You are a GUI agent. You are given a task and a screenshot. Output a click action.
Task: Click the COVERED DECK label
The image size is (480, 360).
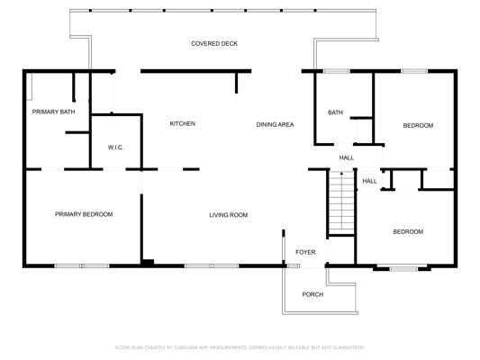coord(214,44)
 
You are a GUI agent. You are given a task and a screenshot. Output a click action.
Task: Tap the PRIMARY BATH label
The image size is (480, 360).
coord(53,112)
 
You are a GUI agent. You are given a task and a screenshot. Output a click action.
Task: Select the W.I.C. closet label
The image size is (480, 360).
coord(115,148)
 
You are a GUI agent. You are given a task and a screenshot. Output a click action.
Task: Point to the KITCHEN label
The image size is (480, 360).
coord(183,123)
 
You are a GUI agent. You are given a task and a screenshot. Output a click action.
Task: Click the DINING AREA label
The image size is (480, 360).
coord(275,124)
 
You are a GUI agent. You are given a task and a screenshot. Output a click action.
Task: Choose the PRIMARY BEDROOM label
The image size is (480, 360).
coord(84,214)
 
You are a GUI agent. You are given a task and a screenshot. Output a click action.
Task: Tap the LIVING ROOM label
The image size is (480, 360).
coord(229,215)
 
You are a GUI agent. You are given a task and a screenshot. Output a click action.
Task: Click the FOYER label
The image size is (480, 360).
coord(305,252)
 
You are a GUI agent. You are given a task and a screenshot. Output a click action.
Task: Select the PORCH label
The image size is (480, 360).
coord(312,294)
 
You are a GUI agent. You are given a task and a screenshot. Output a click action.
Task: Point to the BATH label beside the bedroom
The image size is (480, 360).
coord(336,112)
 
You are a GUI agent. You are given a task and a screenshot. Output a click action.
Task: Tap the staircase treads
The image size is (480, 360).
coord(341,202)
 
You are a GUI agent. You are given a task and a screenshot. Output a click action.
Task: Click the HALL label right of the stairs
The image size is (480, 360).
coord(369,182)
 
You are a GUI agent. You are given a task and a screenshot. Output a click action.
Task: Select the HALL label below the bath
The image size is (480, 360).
coord(347,157)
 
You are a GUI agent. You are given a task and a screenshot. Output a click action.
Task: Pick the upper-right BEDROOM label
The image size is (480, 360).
coord(418,126)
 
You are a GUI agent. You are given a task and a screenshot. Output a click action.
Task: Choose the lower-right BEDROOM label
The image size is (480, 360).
coord(408,232)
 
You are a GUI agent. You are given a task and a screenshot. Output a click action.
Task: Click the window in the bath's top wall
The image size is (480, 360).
coord(337,71)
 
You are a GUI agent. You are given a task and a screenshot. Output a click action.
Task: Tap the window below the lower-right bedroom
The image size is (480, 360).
coord(403,269)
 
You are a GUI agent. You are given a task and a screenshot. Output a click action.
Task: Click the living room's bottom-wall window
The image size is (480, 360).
coord(212,266)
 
